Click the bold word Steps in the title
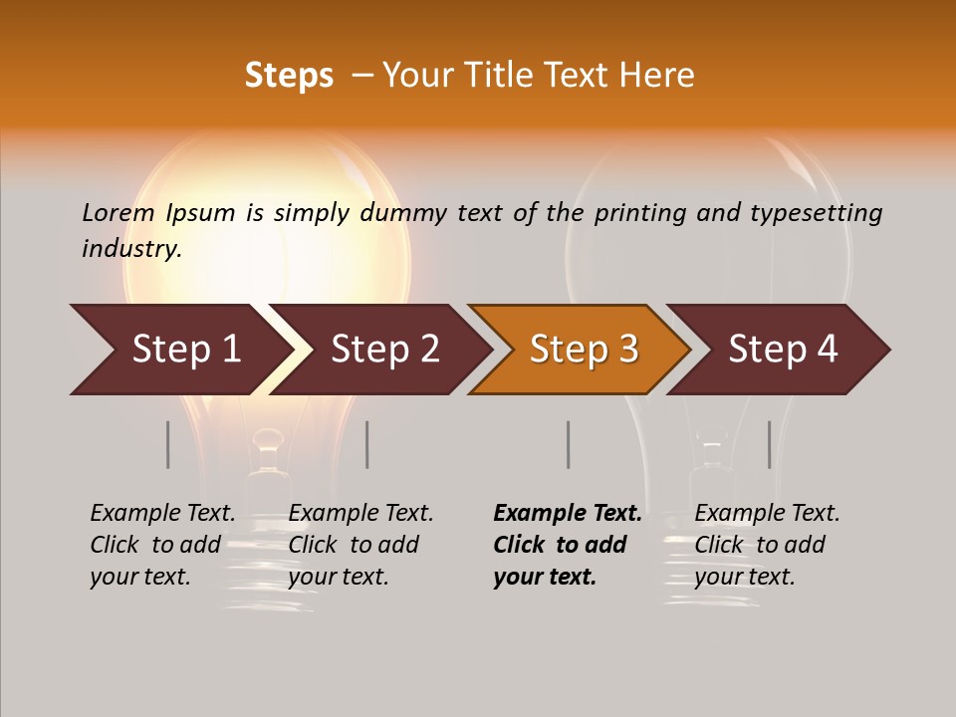click(x=289, y=76)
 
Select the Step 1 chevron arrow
click(x=179, y=350)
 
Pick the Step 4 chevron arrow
click(x=782, y=350)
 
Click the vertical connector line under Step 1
click(x=168, y=444)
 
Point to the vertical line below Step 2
click(x=367, y=444)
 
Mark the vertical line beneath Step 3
click(x=568, y=444)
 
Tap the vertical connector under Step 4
click(x=769, y=444)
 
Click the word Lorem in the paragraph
click(x=119, y=213)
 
